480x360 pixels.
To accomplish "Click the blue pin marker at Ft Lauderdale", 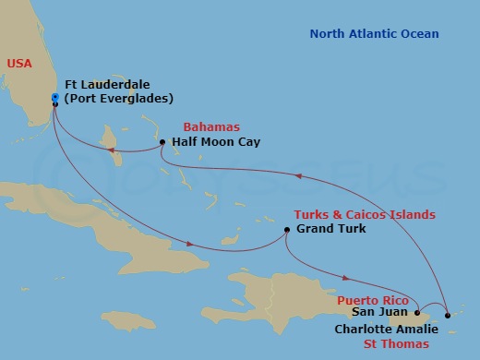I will click(x=55, y=97).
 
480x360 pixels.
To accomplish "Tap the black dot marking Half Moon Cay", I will click(x=162, y=143).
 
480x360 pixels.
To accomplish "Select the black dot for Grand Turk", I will click(x=287, y=230).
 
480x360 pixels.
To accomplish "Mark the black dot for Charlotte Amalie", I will click(x=448, y=317).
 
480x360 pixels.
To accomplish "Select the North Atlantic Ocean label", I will click(x=374, y=34).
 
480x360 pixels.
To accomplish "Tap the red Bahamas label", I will click(x=211, y=126).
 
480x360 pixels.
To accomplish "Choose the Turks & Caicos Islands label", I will click(x=364, y=214).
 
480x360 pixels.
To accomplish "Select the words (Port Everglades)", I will click(x=118, y=98).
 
